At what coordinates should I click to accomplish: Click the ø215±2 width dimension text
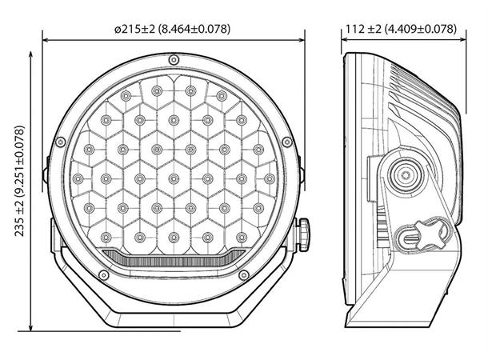[173, 29]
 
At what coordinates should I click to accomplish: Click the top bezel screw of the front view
[174, 60]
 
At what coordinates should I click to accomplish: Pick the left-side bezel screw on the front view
[61, 142]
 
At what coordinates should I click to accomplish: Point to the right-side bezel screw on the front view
[287, 142]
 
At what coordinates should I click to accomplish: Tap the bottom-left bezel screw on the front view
[104, 275]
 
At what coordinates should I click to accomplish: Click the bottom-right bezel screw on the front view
[244, 275]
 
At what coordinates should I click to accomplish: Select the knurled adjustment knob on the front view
[304, 234]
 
